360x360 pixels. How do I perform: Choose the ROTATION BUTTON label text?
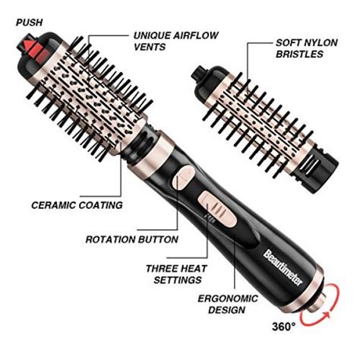tap(132, 239)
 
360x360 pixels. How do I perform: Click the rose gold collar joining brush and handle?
tap(144, 147)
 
